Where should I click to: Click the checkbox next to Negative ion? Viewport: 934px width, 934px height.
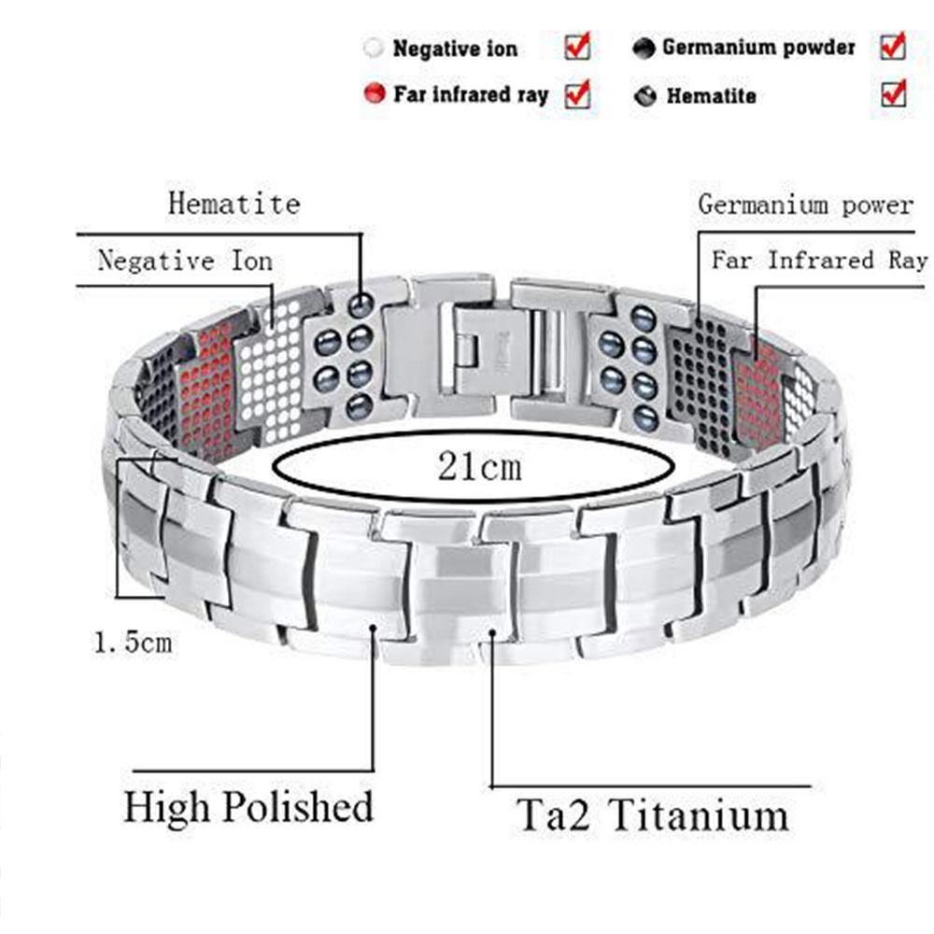coord(577,47)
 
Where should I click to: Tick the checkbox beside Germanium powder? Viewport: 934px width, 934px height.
coord(893,47)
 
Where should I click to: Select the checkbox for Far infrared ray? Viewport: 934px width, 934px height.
coord(577,94)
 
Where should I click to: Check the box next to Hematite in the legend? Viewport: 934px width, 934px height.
coord(894,94)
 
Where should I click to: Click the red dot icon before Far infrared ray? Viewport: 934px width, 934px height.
coord(375,93)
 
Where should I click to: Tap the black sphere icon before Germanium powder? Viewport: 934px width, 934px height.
coord(644,49)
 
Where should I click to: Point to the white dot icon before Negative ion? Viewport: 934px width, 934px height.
coord(375,48)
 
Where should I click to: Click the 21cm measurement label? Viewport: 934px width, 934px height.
coord(479,466)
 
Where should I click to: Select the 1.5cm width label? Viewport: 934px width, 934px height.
coord(134,643)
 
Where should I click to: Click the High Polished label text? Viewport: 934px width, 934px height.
coord(248,808)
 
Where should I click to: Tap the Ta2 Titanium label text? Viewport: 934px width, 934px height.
coord(652,814)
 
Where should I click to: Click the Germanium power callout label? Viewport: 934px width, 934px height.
coord(806,205)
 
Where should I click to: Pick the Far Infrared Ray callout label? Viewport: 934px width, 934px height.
coord(820,261)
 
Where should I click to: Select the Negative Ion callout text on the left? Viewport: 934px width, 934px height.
coord(185,261)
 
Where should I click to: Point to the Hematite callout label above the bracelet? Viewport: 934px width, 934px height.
coord(234,204)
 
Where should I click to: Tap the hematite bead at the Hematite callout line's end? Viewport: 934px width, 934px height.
coord(361,306)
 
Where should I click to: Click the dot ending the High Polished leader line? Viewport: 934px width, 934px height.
coord(374,628)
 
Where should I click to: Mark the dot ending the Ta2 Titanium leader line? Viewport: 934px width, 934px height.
coord(492,633)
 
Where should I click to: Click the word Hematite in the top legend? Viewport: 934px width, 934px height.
coord(711,96)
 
